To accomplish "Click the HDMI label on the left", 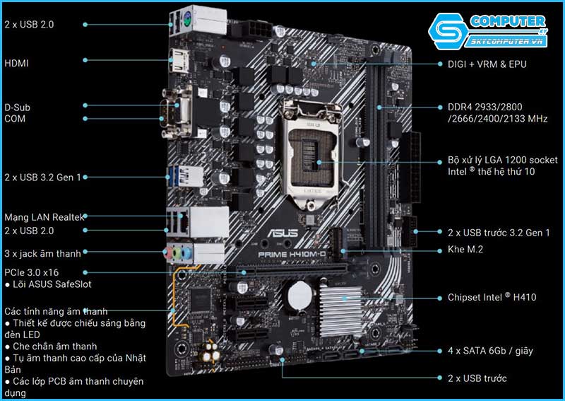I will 16,63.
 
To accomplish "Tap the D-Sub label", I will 18,107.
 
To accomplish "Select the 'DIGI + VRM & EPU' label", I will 487,64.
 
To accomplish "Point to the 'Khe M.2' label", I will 465,250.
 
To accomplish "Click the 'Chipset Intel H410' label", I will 492,298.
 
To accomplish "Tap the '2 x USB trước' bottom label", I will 477,378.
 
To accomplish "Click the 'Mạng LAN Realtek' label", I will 44,217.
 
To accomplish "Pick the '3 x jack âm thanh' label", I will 42,252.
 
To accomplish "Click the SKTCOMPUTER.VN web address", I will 508,42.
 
